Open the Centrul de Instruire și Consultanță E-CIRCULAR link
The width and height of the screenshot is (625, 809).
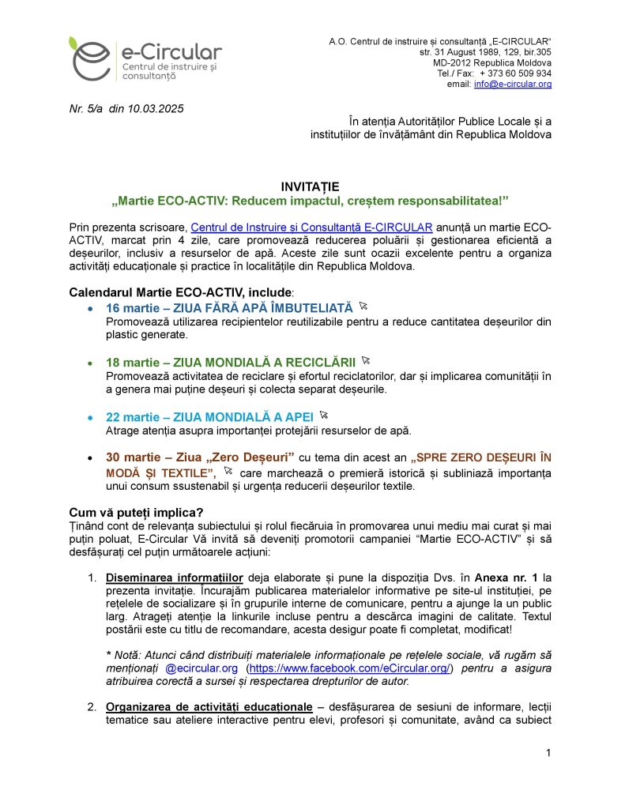[311, 228]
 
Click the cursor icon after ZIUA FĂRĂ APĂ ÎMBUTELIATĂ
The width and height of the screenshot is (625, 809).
[363, 305]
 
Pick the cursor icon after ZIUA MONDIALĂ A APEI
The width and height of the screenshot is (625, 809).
[323, 415]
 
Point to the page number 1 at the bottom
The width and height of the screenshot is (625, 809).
[548, 752]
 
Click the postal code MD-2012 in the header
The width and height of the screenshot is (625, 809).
[454, 62]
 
